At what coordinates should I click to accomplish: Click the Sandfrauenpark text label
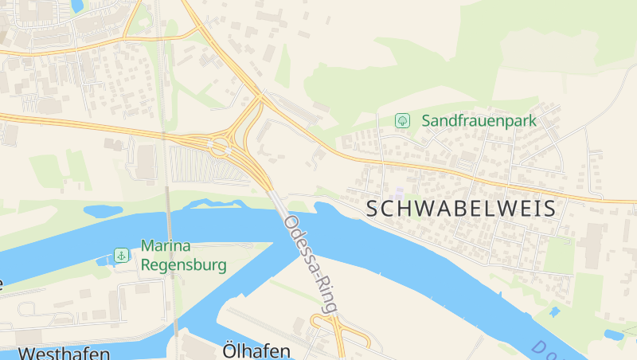479,121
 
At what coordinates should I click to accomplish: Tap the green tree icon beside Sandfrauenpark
403,121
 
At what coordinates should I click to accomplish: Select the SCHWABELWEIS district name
460,209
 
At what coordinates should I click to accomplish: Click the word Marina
167,246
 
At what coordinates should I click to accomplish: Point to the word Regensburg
184,264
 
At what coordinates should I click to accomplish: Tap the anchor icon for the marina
121,255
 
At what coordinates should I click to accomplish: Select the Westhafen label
64,353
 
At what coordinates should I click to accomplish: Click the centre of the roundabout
217,147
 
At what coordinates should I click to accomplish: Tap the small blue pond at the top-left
77,6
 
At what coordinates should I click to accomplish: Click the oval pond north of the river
103,211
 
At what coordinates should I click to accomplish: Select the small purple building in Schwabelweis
398,194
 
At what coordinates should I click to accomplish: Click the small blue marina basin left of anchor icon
101,260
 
